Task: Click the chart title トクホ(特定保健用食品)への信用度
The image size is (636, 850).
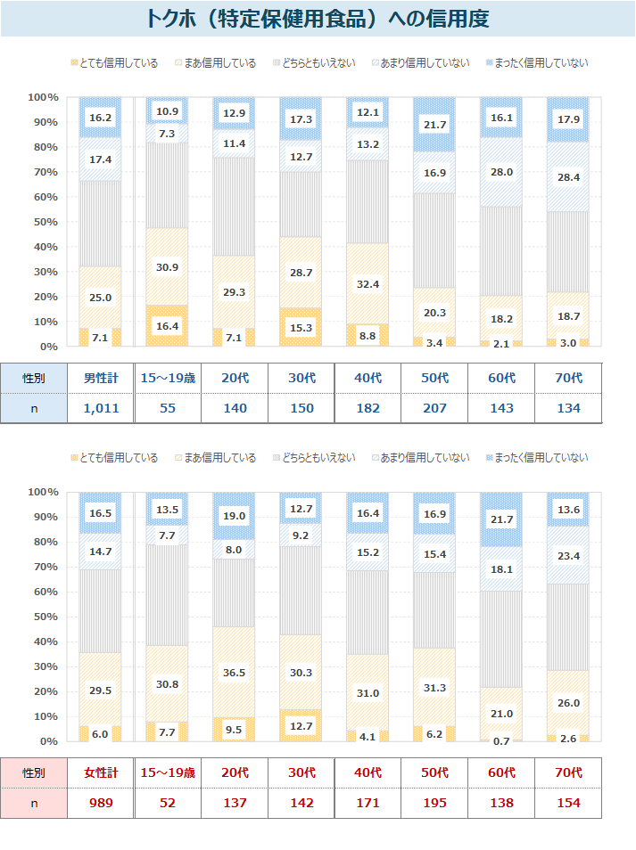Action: pyautogui.click(x=318, y=19)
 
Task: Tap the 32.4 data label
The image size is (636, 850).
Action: pyautogui.click(x=368, y=284)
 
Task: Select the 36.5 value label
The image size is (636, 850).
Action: pyautogui.click(x=234, y=673)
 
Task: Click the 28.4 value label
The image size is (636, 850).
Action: pyautogui.click(x=568, y=201)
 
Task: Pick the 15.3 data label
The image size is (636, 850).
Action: pyautogui.click(x=301, y=329)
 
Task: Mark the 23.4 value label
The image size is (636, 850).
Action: pyautogui.click(x=568, y=555)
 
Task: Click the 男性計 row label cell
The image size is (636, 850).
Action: pyautogui.click(x=100, y=378)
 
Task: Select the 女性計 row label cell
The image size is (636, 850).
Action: pyautogui.click(x=100, y=772)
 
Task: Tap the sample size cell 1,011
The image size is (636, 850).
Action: pyautogui.click(x=100, y=408)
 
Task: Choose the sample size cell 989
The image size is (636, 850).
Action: pyautogui.click(x=100, y=803)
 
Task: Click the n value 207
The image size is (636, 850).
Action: pyautogui.click(x=434, y=408)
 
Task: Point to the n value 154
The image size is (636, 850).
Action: pyautogui.click(x=568, y=803)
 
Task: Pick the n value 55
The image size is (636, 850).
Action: pyautogui.click(x=167, y=408)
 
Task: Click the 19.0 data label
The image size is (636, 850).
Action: pyautogui.click(x=234, y=515)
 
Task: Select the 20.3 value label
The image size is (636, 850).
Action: pyautogui.click(x=434, y=313)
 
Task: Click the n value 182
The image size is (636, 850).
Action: pyautogui.click(x=368, y=408)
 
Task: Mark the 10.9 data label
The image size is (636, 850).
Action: pyautogui.click(x=167, y=111)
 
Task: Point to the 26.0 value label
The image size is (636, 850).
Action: pyautogui.click(x=568, y=703)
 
